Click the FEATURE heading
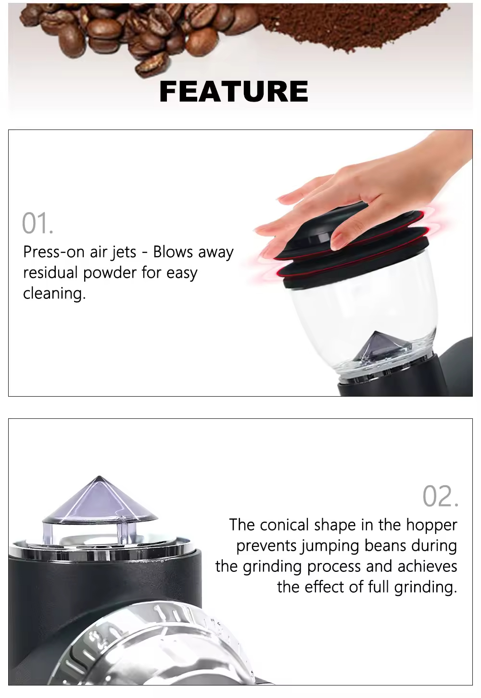(x=234, y=91)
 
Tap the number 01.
(x=37, y=223)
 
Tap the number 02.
(x=440, y=496)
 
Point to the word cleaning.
(x=54, y=293)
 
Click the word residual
(x=51, y=273)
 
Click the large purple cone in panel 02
(x=100, y=501)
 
